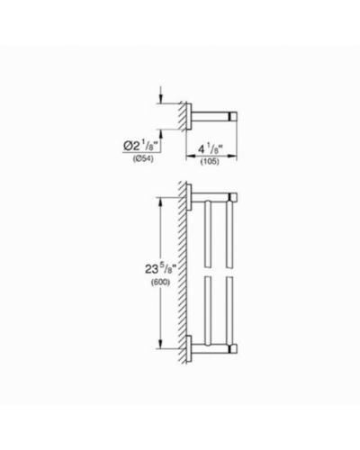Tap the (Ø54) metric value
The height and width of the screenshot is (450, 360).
tap(143, 159)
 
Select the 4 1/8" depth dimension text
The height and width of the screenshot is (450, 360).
tap(211, 149)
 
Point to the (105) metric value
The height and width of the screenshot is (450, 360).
tap(210, 162)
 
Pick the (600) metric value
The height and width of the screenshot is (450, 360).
tap(160, 283)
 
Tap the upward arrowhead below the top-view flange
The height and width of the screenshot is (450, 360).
tap(161, 134)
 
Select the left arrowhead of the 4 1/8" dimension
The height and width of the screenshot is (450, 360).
tap(191, 156)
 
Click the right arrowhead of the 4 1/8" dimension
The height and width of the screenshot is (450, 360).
tap(233, 156)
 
